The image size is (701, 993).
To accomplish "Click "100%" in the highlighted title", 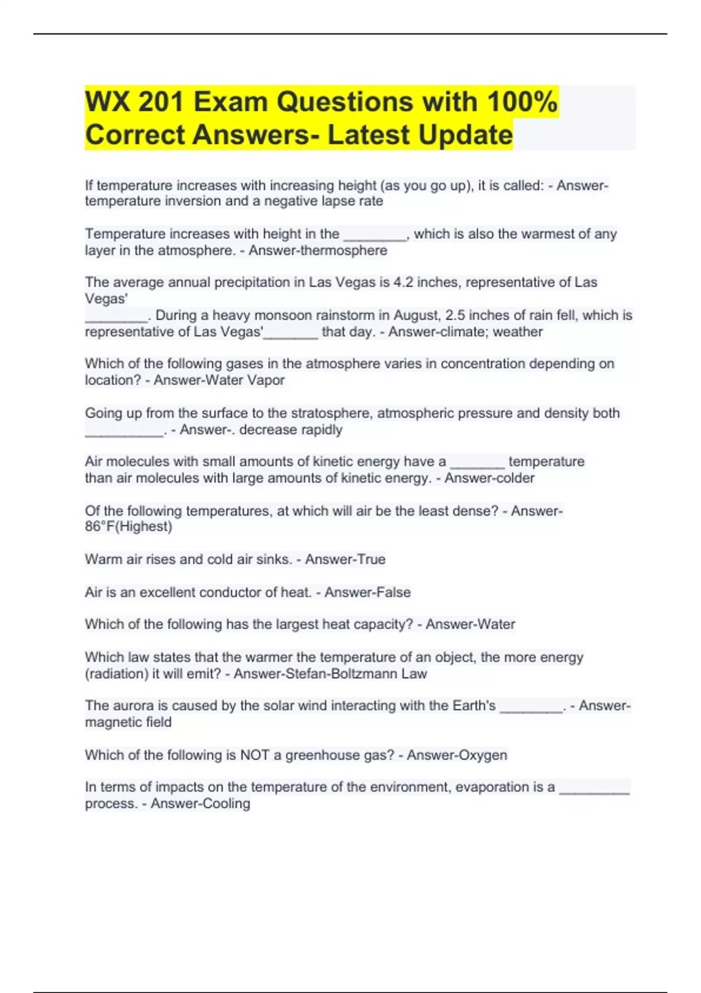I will coord(522,102).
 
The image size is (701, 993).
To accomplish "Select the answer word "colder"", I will coord(512,478).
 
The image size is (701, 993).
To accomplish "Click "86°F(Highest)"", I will coord(129,527).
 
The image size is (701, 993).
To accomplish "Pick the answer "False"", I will coord(393,592).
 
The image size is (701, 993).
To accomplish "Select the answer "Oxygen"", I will coord(483,755).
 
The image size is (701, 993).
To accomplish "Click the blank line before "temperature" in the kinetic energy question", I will coord(477,463).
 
